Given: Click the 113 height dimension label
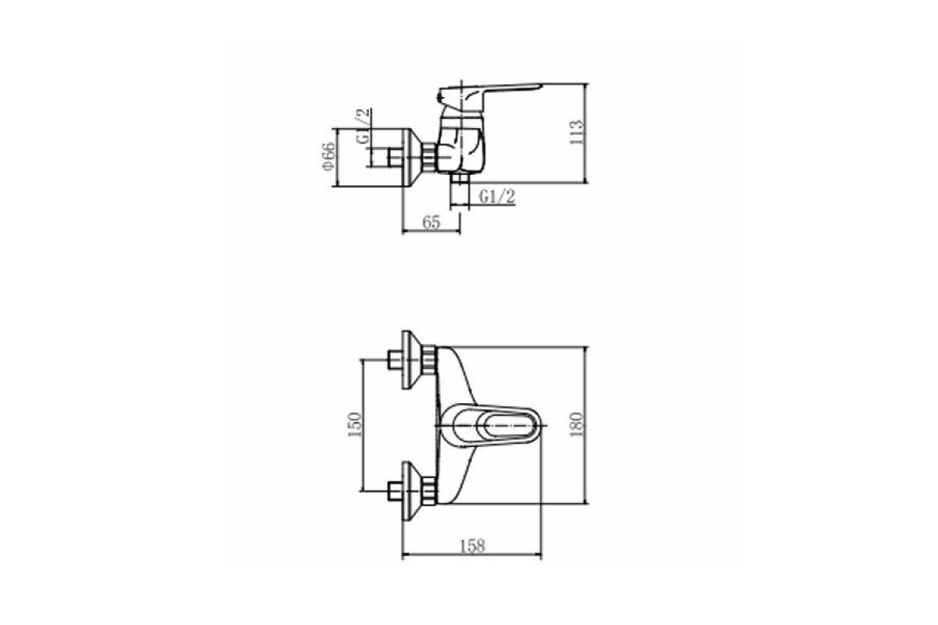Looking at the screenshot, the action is pyautogui.click(x=576, y=132).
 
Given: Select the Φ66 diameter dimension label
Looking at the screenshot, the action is pyautogui.click(x=329, y=156).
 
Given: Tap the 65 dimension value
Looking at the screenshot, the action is pyautogui.click(x=431, y=223).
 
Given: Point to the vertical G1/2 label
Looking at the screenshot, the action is pyautogui.click(x=363, y=126).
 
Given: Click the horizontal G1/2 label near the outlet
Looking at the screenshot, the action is pyautogui.click(x=497, y=196).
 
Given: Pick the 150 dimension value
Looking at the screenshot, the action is pyautogui.click(x=354, y=424).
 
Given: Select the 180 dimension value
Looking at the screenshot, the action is pyautogui.click(x=576, y=424).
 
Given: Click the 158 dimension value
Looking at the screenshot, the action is pyautogui.click(x=472, y=546).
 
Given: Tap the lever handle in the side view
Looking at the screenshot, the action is pyautogui.click(x=490, y=95).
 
